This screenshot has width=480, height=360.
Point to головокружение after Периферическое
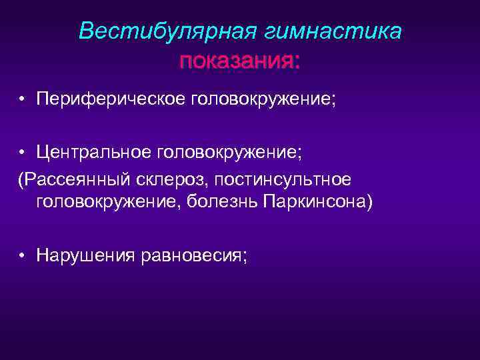tap(262, 100)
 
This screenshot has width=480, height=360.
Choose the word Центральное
tap(94, 154)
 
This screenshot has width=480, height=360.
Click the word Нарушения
tap(83, 255)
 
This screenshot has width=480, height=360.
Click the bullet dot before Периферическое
tap(23, 101)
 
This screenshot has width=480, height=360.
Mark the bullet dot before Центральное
tap(23, 155)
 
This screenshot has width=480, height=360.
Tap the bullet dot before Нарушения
tap(23, 256)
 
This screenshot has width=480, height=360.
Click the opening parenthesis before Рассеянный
tap(21, 179)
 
